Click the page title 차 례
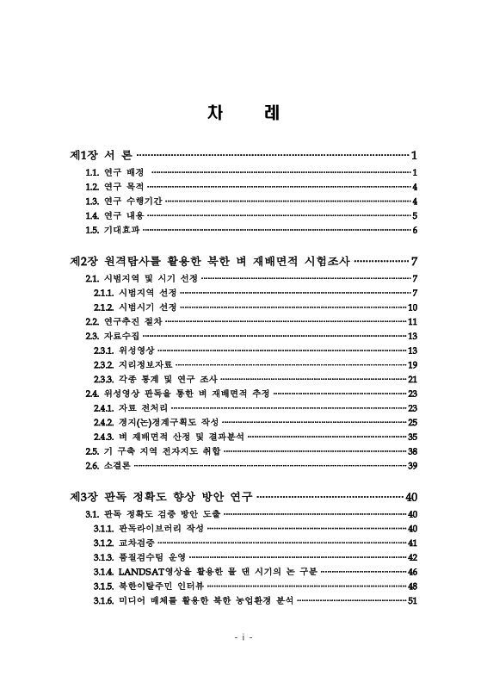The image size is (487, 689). coord(243,115)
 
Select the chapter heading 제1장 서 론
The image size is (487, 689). coord(101,156)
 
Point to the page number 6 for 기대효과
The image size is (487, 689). coord(414,230)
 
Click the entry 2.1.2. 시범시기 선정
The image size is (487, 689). coord(135,307)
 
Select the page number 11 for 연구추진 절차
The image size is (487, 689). coord(412,321)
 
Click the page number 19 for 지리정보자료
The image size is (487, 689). coord(412,364)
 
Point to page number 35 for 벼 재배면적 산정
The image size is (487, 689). coord(412,437)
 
